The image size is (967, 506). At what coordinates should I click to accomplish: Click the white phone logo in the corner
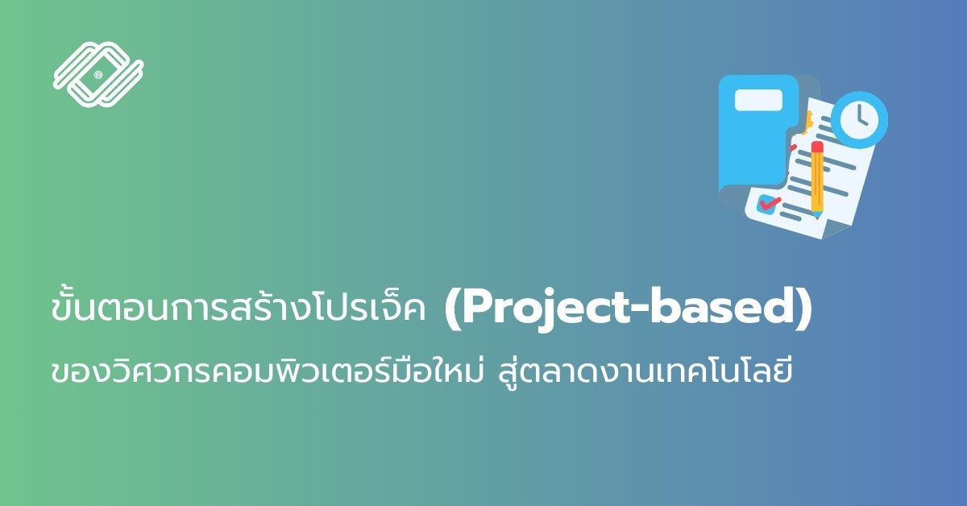tap(98, 74)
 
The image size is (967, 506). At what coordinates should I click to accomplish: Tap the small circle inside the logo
tap(98, 75)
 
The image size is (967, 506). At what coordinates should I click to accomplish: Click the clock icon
tap(859, 119)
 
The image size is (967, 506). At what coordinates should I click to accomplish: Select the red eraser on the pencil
tap(817, 147)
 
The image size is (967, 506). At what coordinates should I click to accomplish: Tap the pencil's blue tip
tap(817, 214)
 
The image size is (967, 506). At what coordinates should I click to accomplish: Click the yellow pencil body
tap(817, 181)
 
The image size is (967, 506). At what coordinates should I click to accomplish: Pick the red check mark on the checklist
tap(770, 202)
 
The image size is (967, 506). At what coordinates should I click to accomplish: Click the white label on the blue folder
tap(758, 100)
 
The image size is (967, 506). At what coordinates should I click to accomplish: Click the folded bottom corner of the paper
tap(836, 229)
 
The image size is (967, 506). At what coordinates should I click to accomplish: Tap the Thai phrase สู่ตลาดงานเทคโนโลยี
tap(645, 372)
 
